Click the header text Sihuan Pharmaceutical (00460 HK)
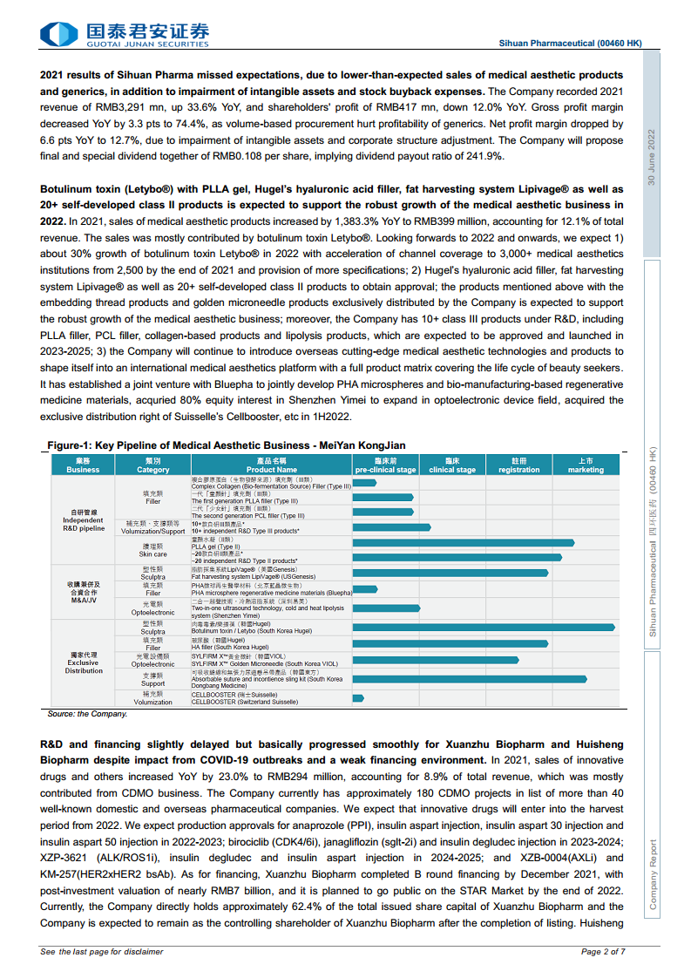pyautogui.click(x=570, y=43)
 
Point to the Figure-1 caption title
pyautogui.click(x=226, y=445)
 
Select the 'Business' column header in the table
pyautogui.click(x=83, y=465)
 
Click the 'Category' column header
pyautogui.click(x=152, y=465)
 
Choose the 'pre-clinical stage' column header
pyautogui.click(x=385, y=465)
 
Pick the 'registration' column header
pyautogui.click(x=519, y=465)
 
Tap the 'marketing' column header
pyautogui.click(x=586, y=465)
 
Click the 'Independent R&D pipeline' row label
pyautogui.click(x=83, y=520)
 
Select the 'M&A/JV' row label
pyautogui.click(x=83, y=593)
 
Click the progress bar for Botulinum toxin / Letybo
pyautogui.click(x=484, y=627)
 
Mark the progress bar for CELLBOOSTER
pyautogui.click(x=358, y=698)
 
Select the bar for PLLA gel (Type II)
pyautogui.click(x=463, y=543)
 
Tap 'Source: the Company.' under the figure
pyautogui.click(x=87, y=714)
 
